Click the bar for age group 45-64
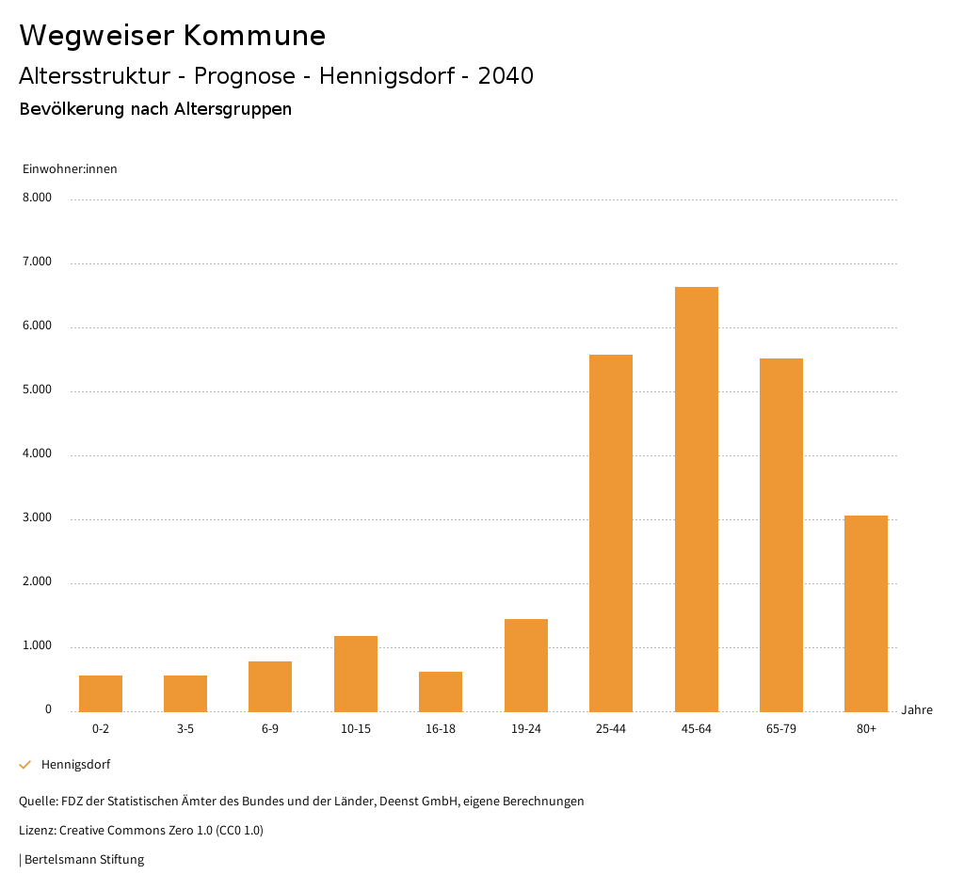click(x=696, y=499)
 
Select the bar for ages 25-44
click(x=611, y=532)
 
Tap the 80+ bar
click(x=866, y=613)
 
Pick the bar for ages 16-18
click(x=441, y=691)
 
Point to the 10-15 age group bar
click(x=356, y=674)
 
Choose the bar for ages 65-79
click(x=781, y=534)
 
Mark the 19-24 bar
click(x=526, y=665)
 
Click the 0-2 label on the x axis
click(x=101, y=729)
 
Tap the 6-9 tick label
click(x=270, y=729)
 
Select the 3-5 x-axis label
click(x=185, y=729)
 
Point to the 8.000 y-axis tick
click(x=37, y=199)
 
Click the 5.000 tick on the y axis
click(x=37, y=390)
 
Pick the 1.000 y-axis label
click(x=37, y=646)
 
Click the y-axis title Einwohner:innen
click(x=70, y=169)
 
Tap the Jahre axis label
click(x=917, y=710)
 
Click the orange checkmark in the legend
click(x=25, y=765)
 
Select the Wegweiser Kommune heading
click(x=172, y=36)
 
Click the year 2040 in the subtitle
click(x=506, y=76)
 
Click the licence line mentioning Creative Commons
click(x=141, y=831)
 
